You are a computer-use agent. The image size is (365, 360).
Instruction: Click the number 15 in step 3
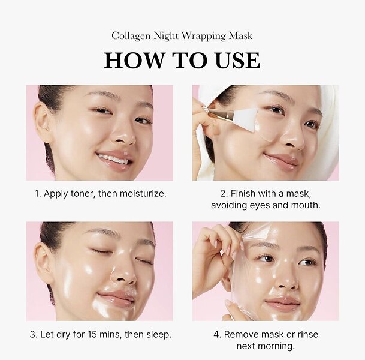coord(92,335)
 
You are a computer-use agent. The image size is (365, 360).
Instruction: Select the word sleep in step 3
coord(158,335)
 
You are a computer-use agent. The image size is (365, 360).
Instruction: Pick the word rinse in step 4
coord(307,334)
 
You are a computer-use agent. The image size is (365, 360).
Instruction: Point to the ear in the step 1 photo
coord(43,122)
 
